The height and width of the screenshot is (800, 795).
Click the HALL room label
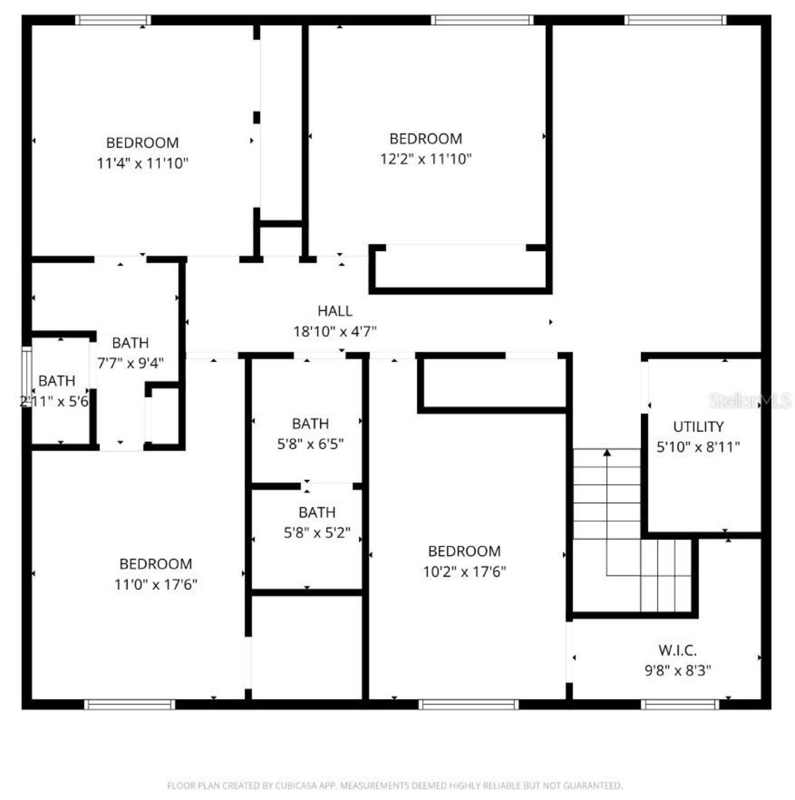[x=335, y=311]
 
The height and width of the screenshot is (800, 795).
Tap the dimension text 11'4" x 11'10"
[x=142, y=163]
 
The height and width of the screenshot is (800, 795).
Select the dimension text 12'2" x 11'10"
[x=425, y=159]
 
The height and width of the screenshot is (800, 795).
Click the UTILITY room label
[x=698, y=426]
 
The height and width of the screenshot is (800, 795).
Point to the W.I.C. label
[x=677, y=650]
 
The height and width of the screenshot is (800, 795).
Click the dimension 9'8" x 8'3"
[x=677, y=671]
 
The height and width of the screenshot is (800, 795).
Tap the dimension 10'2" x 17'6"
[x=464, y=572]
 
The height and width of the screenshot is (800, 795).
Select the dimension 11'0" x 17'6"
[x=155, y=584]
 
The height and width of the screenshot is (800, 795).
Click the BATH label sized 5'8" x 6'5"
[x=310, y=423]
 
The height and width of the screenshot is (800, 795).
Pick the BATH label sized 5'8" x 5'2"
[x=317, y=512]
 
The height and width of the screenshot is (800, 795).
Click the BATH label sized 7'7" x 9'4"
[x=130, y=343]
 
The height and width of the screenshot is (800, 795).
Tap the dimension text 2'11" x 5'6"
[x=55, y=402]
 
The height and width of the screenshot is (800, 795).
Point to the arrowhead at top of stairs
[x=607, y=453]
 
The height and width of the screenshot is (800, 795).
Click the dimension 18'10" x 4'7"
[x=335, y=332]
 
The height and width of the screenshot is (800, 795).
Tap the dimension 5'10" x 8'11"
[x=698, y=447]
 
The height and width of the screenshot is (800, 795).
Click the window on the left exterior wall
[x=26, y=377]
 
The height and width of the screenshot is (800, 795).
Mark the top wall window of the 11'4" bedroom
[x=113, y=20]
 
